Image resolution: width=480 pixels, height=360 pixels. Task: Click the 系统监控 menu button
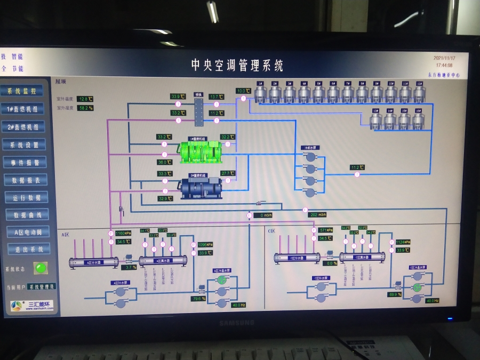[x=22, y=91]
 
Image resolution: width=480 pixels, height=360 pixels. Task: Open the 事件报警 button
[x=25, y=162]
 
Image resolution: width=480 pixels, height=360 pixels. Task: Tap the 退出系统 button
[x=29, y=249]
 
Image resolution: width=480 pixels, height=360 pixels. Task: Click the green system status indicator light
[x=40, y=267]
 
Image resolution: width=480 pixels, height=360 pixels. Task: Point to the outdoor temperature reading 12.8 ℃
[x=85, y=99]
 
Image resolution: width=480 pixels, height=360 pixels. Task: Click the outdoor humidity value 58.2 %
[x=85, y=108]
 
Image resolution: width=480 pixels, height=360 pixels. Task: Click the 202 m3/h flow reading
[x=318, y=215]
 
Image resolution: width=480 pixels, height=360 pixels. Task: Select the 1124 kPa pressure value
[x=403, y=242]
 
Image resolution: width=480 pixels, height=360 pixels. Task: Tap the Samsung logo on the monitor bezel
[x=235, y=323]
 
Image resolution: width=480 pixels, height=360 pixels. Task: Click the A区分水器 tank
[x=93, y=262]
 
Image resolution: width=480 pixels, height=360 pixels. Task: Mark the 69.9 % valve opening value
[x=395, y=294]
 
